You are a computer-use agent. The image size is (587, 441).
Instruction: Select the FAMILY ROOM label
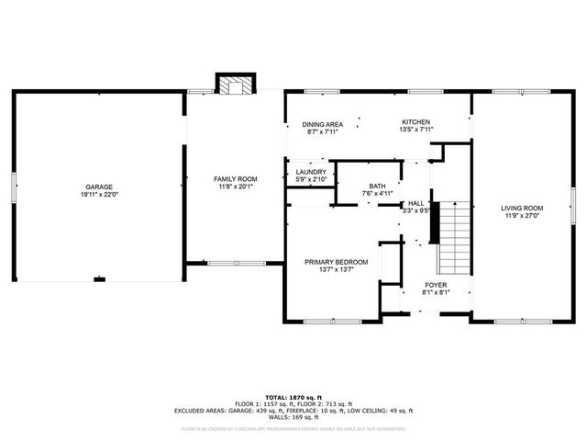coord(236,178)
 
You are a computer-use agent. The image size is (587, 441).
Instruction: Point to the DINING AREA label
coord(323,123)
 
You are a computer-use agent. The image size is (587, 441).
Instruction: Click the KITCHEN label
coord(415,122)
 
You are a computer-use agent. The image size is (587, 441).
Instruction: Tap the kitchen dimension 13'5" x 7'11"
coord(415,130)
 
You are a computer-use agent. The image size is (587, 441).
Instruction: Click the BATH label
coord(377,186)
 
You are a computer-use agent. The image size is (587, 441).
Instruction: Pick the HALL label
coord(415,203)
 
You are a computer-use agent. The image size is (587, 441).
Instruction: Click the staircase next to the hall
coord(450,237)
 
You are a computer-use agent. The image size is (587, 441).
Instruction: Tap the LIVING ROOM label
coord(522,208)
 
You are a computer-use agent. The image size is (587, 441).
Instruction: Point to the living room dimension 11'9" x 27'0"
coord(522,216)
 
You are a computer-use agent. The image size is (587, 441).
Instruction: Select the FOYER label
coord(435,285)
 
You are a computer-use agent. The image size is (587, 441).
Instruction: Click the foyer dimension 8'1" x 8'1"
coord(435,293)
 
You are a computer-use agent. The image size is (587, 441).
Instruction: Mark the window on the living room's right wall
coord(572,200)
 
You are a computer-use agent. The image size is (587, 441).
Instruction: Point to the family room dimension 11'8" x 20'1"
coord(236,187)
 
